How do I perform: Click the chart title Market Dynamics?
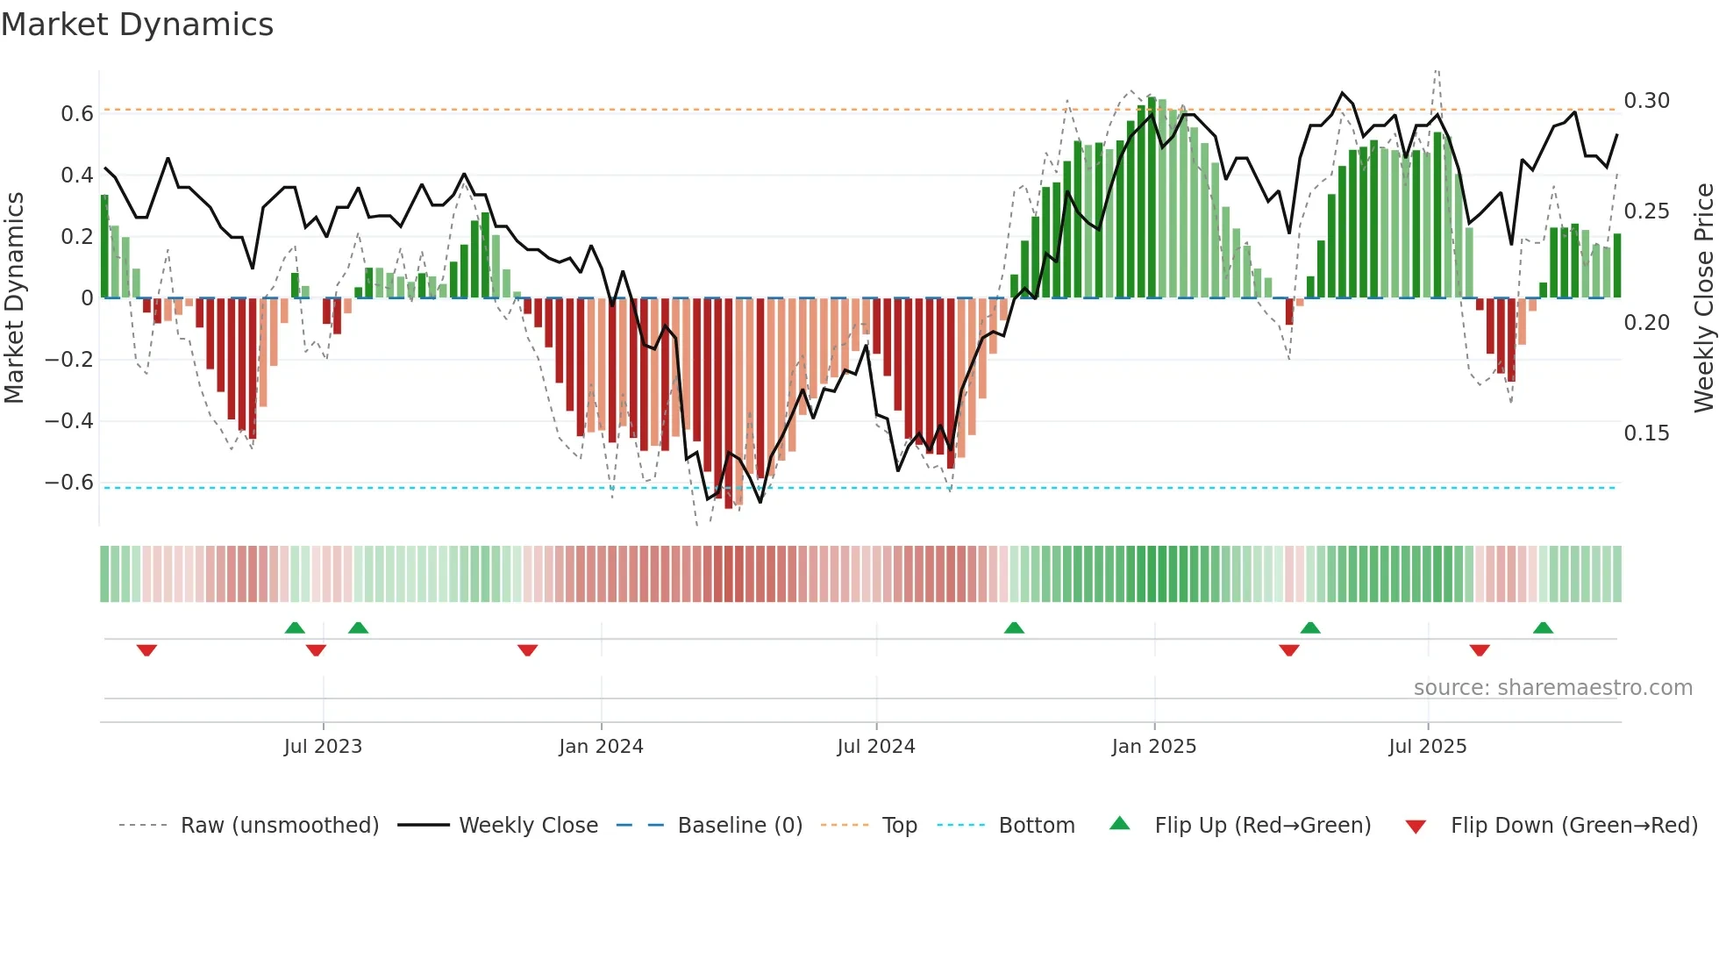click(138, 25)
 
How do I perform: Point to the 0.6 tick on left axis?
click(77, 114)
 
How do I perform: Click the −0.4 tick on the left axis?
click(69, 421)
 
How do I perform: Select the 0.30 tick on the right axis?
click(1646, 101)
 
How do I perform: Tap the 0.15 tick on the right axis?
click(1646, 433)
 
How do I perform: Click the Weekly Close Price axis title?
click(1703, 298)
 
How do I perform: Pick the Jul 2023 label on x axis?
click(323, 747)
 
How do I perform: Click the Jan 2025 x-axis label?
click(1153, 747)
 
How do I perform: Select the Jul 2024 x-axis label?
click(875, 747)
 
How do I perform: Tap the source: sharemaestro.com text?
click(1552, 688)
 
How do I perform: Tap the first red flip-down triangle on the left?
click(146, 650)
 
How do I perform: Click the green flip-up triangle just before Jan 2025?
click(1014, 627)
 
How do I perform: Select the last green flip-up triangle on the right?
click(1543, 627)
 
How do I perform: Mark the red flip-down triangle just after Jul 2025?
click(1480, 650)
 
